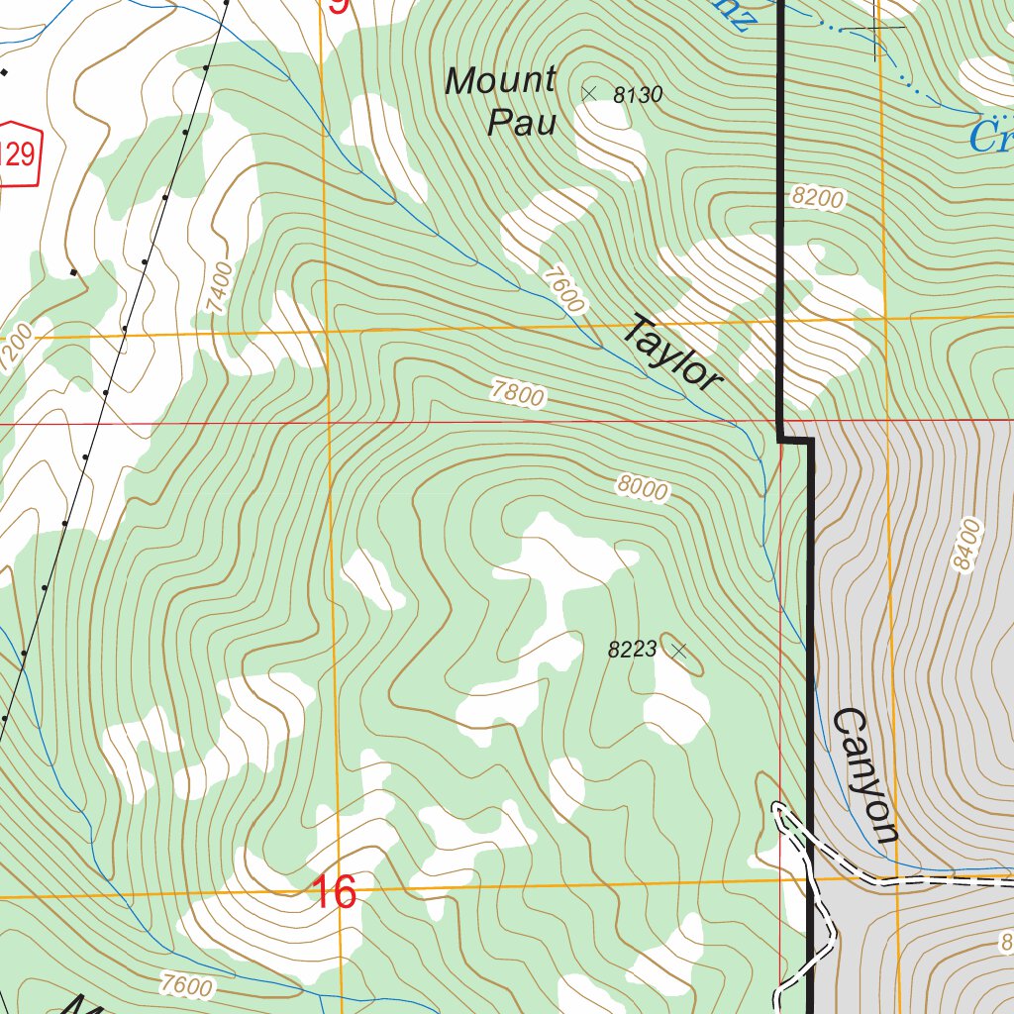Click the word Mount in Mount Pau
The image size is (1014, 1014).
[500, 81]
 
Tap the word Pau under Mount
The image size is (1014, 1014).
[521, 123]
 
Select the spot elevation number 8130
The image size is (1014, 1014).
[637, 95]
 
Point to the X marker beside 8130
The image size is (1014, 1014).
[589, 93]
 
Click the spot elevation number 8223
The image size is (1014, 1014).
[632, 650]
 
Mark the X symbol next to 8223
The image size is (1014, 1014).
[678, 650]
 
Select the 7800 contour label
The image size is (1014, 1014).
[517, 395]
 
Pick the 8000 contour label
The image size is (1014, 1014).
[642, 486]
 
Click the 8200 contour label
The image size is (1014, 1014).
[818, 198]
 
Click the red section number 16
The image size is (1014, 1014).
[335, 892]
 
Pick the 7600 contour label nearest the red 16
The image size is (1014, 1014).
[185, 985]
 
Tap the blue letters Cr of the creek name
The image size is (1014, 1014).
[990, 137]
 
